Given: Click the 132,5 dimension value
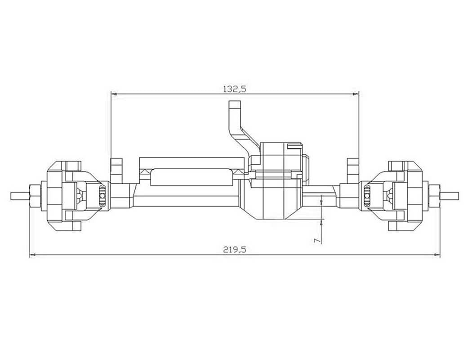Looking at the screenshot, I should pyautogui.click(x=235, y=89).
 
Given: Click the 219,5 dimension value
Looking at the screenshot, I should pyautogui.click(x=235, y=250).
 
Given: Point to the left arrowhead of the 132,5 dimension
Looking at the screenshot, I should pyautogui.click(x=114, y=94).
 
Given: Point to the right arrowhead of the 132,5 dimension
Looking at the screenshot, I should pyautogui.click(x=356, y=94).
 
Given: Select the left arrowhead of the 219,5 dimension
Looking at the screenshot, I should pyautogui.click(x=32, y=255).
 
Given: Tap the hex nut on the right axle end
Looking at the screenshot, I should pyautogui.click(x=434, y=196).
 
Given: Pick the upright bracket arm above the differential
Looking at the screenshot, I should pyautogui.click(x=236, y=121).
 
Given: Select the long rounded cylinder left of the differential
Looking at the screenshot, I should pyautogui.click(x=191, y=176).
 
